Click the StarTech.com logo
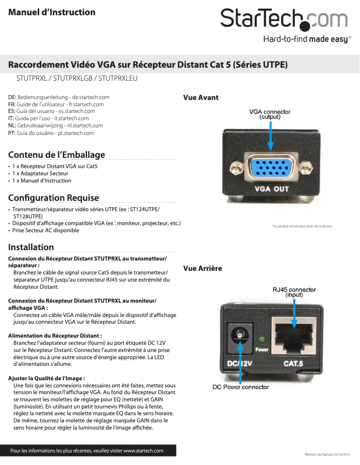[284, 21]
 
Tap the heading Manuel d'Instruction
[52, 12]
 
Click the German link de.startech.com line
[59, 97]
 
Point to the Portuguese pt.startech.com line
[51, 133]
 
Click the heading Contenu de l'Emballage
[57, 155]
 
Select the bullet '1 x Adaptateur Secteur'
[40, 173]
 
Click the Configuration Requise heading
[53, 198]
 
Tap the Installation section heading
[31, 247]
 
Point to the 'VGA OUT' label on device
[272, 189]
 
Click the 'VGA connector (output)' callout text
[270, 114]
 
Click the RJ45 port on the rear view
[294, 336]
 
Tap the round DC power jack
[240, 336]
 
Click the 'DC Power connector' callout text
[241, 387]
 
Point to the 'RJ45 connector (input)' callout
[294, 292]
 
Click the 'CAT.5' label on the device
[293, 363]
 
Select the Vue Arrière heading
[202, 268]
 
